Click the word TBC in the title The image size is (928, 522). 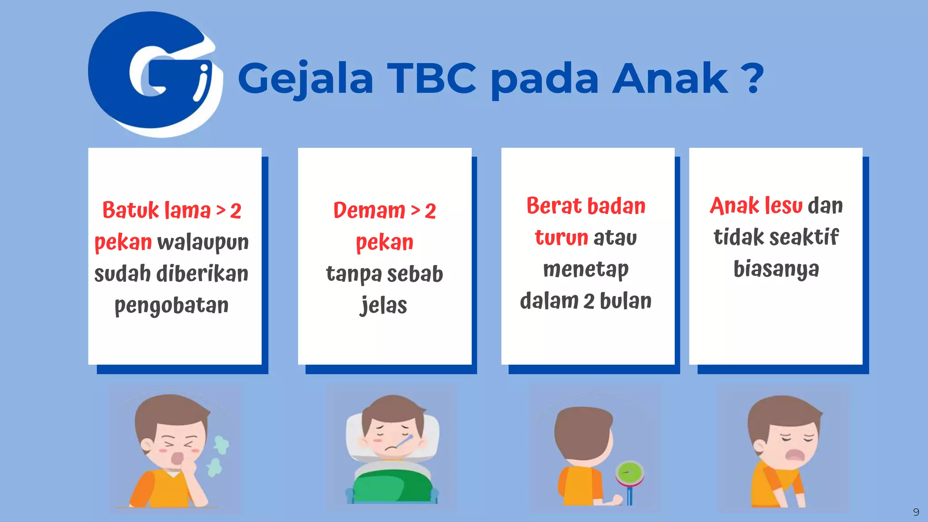tap(431, 78)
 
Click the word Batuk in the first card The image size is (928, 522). tap(130, 210)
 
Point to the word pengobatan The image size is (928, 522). tap(171, 306)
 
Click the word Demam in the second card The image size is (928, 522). tap(369, 210)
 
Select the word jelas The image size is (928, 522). tap(384, 305)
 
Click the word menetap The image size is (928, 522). tap(586, 270)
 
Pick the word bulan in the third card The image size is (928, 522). tap(625, 301)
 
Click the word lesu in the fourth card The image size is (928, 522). tap(783, 206)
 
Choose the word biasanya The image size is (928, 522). tap(776, 269)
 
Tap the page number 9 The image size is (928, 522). tap(916, 512)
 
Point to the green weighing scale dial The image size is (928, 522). tap(629, 473)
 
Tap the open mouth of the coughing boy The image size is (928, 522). tap(179, 458)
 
